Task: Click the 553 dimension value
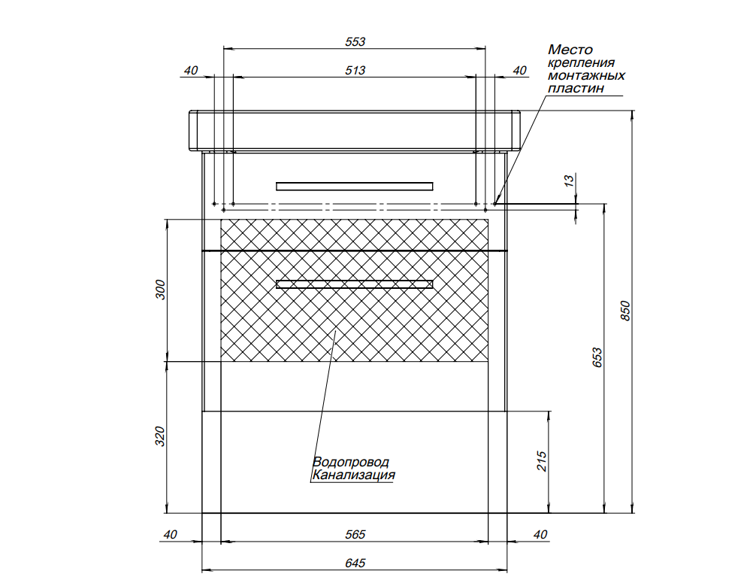coord(355,42)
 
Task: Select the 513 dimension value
coord(355,70)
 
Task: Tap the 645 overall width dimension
coord(355,563)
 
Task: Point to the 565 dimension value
coord(355,535)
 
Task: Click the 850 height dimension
coord(624,311)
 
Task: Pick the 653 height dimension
coord(597,357)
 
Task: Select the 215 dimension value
coord(541,461)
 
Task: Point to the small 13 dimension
coord(569,181)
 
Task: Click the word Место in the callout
coord(570,50)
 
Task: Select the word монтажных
coord(586,75)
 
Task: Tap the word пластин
coord(576,89)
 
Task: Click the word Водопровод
coord(351,462)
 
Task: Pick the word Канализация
coord(353,475)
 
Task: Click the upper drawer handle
coord(355,186)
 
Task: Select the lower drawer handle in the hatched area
coord(355,284)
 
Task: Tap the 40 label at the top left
coord(191,70)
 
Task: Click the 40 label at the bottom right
coord(540,535)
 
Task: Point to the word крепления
coord(581,63)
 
